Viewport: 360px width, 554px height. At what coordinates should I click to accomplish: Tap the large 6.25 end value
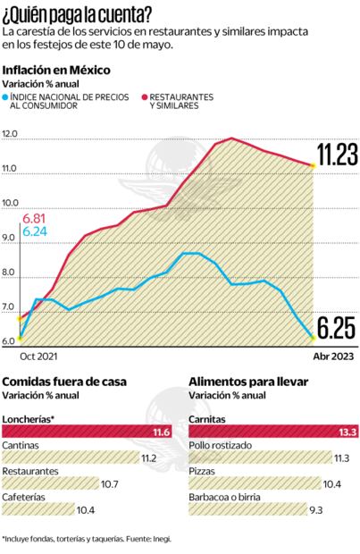[334, 331]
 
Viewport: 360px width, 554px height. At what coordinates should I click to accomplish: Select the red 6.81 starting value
[36, 217]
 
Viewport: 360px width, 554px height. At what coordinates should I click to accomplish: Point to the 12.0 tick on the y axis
[11, 133]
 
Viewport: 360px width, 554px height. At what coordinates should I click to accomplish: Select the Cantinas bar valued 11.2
[80, 459]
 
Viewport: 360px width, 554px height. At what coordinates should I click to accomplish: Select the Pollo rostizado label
[220, 444]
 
